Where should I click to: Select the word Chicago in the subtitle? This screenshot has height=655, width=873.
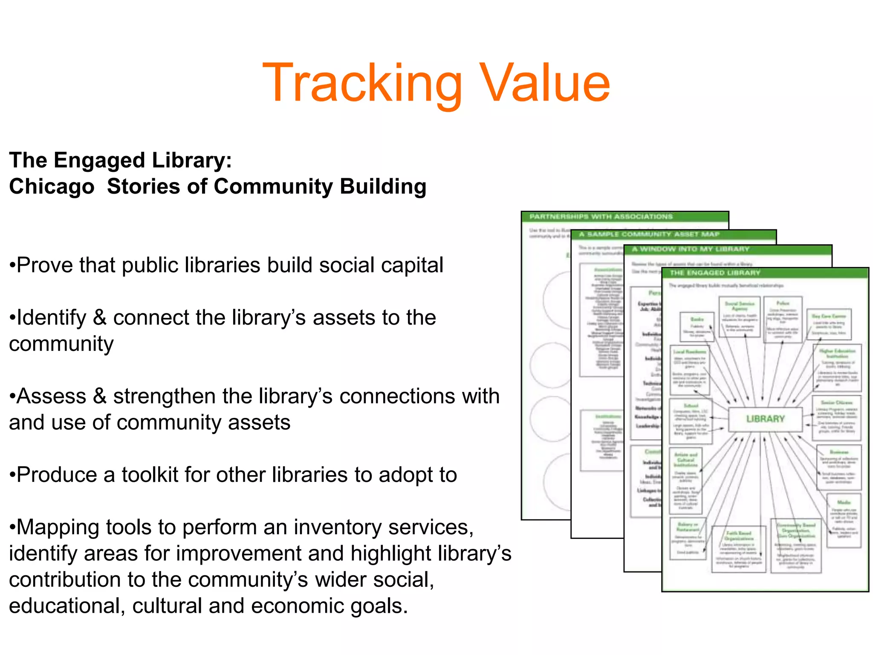[52, 187]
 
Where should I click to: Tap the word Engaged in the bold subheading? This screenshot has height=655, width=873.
[99, 161]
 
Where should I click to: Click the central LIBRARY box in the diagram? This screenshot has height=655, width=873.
[765, 419]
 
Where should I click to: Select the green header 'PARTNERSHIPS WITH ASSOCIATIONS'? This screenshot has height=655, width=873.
[601, 217]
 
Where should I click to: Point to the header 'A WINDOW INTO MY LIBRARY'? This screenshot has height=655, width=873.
[691, 249]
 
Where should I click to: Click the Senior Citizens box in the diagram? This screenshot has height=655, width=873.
[836, 417]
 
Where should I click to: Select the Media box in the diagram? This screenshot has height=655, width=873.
[844, 520]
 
